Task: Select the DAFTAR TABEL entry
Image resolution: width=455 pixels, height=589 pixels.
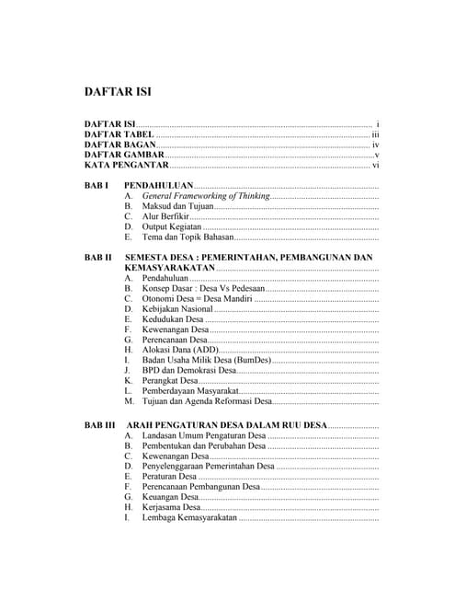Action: [119, 134]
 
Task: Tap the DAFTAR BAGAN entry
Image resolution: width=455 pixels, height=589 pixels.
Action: [119, 145]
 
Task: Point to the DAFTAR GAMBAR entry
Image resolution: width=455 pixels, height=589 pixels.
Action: [124, 156]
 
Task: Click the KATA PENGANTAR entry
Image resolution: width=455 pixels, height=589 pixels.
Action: [126, 166]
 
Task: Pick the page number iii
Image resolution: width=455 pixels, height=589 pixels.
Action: [375, 134]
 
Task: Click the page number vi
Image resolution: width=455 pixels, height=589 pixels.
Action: [375, 166]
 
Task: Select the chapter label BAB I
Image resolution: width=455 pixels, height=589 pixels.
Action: [97, 186]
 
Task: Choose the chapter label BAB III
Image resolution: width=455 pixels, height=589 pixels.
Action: [99, 425]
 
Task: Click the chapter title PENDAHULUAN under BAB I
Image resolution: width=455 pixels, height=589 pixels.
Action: [159, 186]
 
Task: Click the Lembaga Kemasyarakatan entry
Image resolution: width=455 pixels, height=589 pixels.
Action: [189, 518]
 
